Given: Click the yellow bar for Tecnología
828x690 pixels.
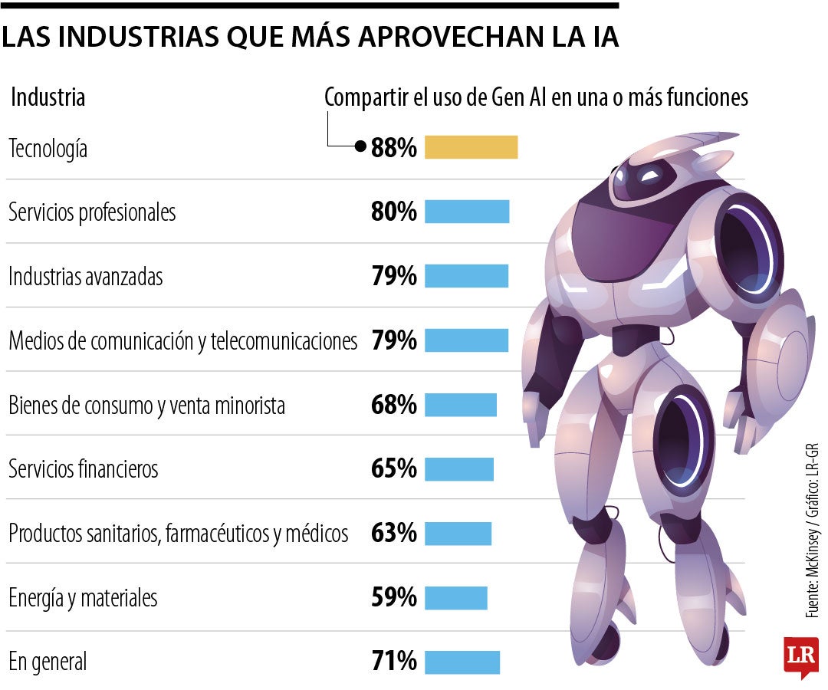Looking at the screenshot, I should [471, 147].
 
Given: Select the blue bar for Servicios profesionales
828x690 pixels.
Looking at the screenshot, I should [466, 212].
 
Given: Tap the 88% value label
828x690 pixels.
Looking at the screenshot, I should [394, 148].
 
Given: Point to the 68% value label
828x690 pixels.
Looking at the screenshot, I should [394, 405].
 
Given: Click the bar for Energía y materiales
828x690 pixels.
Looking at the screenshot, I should [455, 597].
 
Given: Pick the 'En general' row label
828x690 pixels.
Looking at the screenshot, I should [48, 661].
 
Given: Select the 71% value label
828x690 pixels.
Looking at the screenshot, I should [394, 661].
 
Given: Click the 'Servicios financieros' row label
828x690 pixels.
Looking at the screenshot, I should [84, 468].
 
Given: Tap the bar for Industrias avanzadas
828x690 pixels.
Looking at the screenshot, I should [466, 276].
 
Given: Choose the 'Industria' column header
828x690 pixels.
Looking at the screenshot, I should [48, 98].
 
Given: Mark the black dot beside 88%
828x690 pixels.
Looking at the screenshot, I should [360, 147].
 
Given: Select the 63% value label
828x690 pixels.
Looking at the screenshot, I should [394, 533].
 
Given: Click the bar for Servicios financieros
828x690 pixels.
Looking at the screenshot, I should [458, 468].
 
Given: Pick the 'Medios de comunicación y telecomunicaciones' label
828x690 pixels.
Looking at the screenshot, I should [182, 340].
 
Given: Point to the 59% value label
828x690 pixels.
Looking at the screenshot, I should [394, 597].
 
